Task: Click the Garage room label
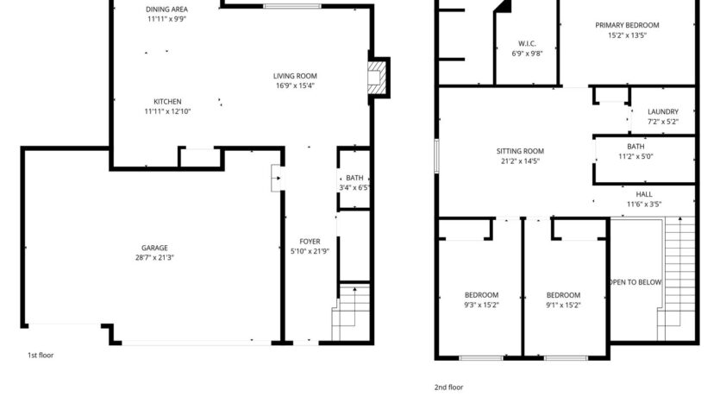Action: click(155, 248)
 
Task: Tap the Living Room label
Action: click(296, 76)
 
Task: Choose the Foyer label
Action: click(310, 242)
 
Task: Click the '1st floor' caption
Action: click(41, 355)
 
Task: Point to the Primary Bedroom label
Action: click(627, 25)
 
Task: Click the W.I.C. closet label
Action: click(527, 43)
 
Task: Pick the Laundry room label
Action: click(662, 111)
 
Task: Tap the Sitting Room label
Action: click(520, 151)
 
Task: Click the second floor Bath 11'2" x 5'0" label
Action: click(635, 147)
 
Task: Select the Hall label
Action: click(643, 194)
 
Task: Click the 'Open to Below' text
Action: click(635, 282)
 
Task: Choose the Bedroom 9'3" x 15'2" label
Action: click(480, 295)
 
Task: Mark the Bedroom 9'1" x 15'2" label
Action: click(563, 295)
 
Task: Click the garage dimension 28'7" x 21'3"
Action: click(155, 257)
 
